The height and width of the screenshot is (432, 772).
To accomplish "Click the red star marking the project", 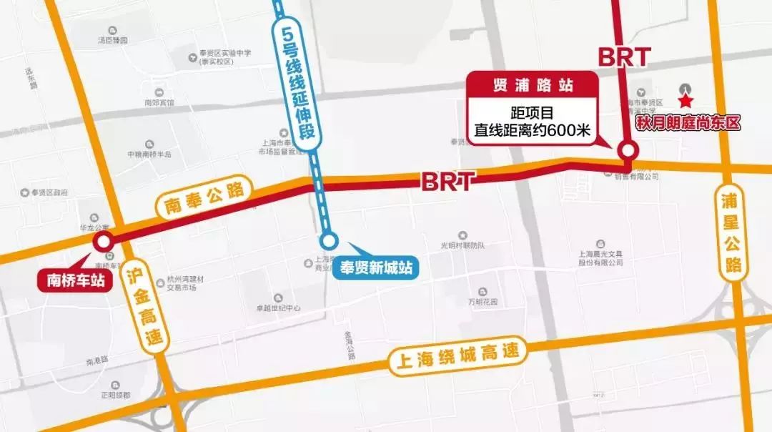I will [x=686, y=102].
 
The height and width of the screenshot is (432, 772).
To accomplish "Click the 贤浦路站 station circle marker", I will [x=628, y=151].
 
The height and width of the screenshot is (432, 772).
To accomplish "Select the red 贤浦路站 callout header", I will [x=533, y=85].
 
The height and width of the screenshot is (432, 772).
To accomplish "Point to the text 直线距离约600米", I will [x=533, y=131].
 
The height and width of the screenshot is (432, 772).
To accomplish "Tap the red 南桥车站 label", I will [x=76, y=280].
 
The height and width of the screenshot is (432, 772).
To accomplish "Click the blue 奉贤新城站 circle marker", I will [x=328, y=241].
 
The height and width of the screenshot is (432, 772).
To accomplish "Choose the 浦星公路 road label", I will [x=731, y=232].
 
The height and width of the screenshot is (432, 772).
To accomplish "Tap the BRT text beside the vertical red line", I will [x=624, y=57].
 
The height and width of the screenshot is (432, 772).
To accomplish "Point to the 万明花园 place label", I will [x=482, y=301].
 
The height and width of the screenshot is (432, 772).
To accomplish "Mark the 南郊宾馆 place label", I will [x=159, y=103].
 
